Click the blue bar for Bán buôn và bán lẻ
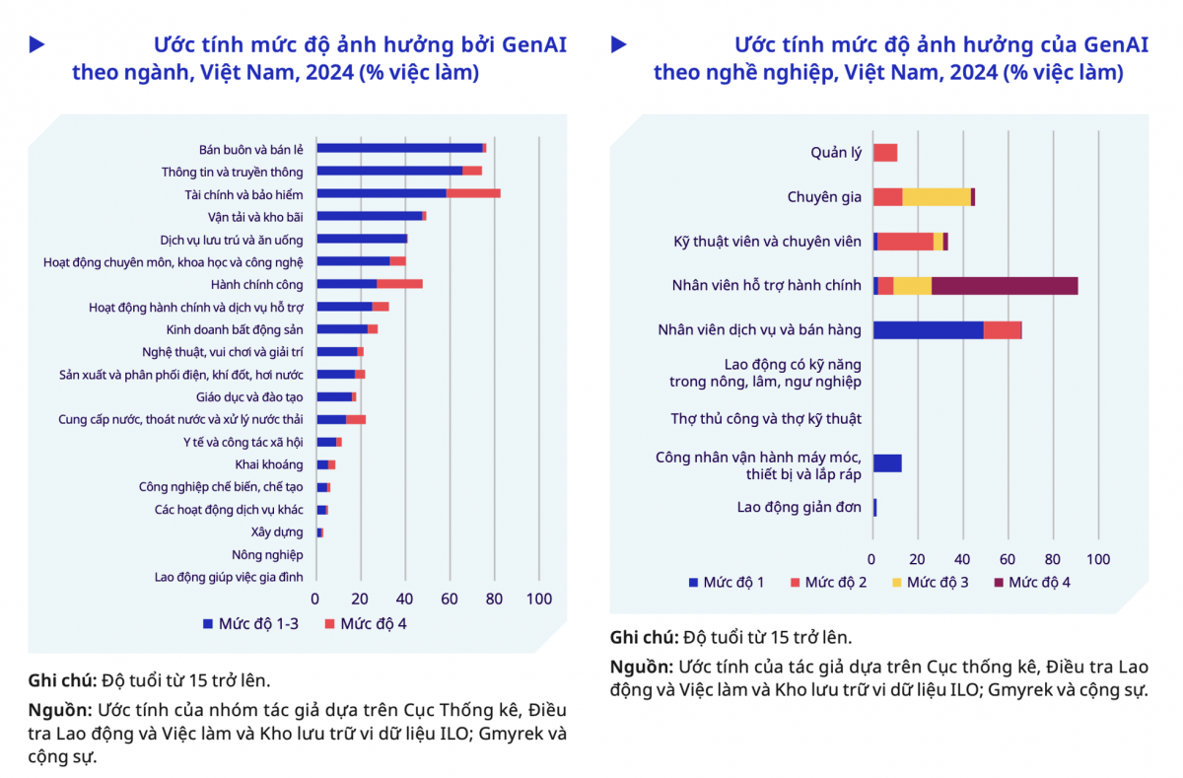(399, 148)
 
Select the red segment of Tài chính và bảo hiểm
(473, 193)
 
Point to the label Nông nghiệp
(267, 555)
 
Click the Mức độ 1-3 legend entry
(250, 623)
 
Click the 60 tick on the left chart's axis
(450, 599)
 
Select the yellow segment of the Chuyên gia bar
(937, 197)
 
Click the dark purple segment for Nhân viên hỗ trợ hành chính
(1005, 286)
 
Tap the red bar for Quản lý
(885, 153)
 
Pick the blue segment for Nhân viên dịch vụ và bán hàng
(928, 330)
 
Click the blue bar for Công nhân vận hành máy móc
(887, 463)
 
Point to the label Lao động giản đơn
(800, 508)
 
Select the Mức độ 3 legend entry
(930, 583)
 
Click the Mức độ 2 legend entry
(828, 583)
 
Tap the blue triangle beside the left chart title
(36, 44)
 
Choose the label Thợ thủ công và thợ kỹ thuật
(766, 419)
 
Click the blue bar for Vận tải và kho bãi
(369, 216)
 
